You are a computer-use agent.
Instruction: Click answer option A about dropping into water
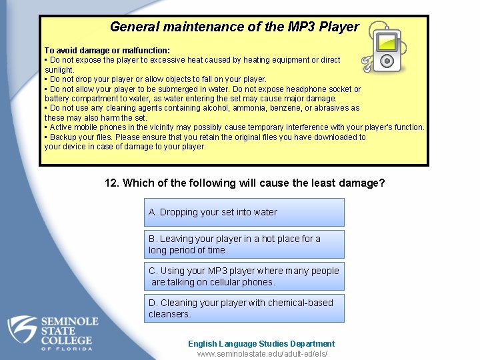[x=244, y=212]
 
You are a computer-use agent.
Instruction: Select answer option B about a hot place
[x=244, y=244]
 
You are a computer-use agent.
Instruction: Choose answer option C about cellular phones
[x=244, y=276]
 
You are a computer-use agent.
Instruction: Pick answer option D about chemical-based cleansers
[x=244, y=308]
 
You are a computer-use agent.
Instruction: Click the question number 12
[x=112, y=183]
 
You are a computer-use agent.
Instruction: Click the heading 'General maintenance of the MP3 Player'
[x=234, y=27]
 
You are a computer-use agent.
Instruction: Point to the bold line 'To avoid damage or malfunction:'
[x=107, y=50]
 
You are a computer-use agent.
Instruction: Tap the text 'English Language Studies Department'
[x=261, y=344]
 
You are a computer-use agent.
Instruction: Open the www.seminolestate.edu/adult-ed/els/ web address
[x=262, y=354]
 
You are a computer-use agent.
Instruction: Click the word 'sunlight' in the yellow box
[x=59, y=69]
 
